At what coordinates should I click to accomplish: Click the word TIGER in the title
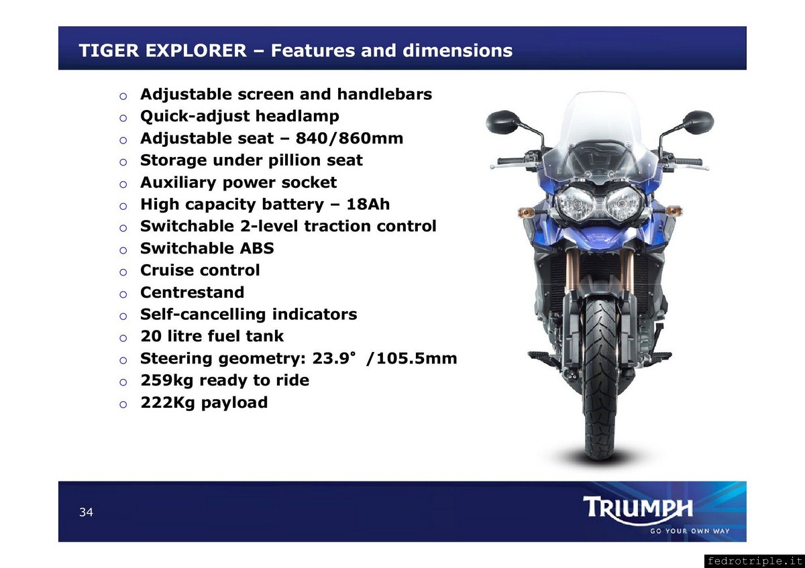click(109, 50)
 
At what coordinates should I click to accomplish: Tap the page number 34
click(87, 512)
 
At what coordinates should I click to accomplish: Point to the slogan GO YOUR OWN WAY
click(690, 531)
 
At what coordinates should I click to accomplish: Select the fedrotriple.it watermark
click(754, 561)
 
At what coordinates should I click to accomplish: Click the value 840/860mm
click(350, 138)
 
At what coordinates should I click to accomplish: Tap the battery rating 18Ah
click(368, 204)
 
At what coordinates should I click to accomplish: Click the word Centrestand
click(193, 292)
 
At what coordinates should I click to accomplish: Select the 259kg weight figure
click(167, 380)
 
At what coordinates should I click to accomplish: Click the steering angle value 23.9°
click(334, 358)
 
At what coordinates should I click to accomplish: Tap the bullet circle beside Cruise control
click(123, 272)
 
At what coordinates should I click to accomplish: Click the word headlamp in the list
click(297, 117)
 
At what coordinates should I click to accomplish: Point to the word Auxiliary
click(178, 182)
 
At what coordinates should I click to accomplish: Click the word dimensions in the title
click(458, 50)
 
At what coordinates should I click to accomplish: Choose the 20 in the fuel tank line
click(150, 336)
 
